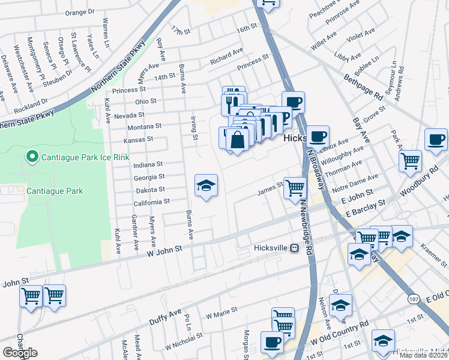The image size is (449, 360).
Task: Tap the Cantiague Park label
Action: click(x=55, y=191)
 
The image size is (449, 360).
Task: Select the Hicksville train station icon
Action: click(x=294, y=248)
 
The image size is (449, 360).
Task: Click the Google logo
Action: click(x=20, y=353)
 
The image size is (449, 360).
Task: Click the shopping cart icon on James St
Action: click(x=295, y=188)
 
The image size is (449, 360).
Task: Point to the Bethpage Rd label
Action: click(x=363, y=88)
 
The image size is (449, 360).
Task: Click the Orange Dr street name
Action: click(x=80, y=12)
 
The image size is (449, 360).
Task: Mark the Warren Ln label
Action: click(x=106, y=32)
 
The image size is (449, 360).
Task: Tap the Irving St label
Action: click(x=194, y=128)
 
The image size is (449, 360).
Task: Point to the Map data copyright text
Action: click(x=423, y=355)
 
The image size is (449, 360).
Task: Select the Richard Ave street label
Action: click(x=226, y=56)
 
